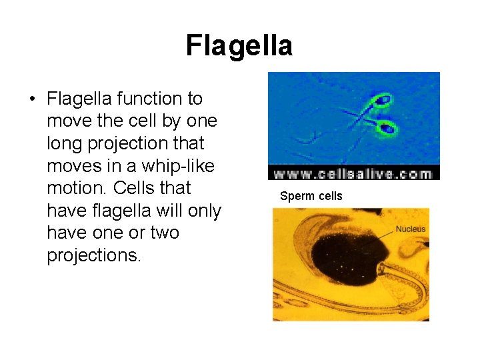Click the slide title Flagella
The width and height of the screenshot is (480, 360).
point(239,46)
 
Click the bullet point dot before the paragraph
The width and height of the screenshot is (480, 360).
point(31,99)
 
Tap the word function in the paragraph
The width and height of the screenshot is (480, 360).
point(143,99)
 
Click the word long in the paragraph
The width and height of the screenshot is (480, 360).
point(65,143)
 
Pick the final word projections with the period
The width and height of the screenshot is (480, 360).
point(94,256)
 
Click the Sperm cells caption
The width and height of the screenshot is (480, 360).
point(311,196)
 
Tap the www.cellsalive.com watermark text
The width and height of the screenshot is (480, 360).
point(353,173)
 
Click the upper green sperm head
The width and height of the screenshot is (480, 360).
point(382,102)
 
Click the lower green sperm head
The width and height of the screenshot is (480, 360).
point(388,126)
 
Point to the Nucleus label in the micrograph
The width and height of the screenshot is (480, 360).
point(410,229)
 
